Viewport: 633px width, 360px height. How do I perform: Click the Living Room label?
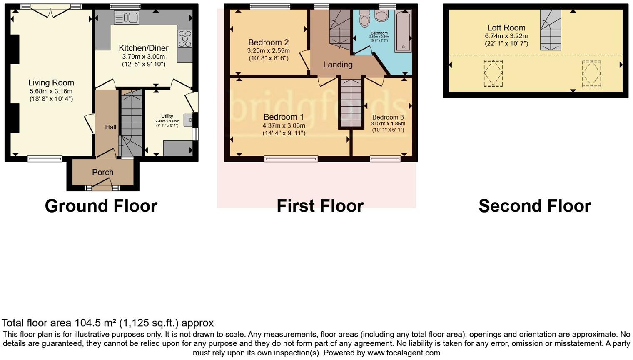coord(51,83)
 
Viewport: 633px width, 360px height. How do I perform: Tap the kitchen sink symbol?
coord(126,17)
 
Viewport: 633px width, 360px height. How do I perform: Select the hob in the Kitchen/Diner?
coord(185,39)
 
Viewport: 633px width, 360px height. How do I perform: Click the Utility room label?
coord(167,116)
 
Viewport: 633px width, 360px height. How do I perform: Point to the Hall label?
coord(110,127)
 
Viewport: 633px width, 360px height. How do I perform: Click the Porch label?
coord(102,172)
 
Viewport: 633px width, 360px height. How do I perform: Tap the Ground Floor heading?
coord(101,206)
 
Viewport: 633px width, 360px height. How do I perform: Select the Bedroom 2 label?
coord(268,42)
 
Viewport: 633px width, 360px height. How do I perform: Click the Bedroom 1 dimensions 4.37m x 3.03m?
coord(284,125)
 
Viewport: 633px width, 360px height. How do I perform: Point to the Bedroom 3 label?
coord(388,117)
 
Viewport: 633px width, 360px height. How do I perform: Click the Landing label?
coord(338,65)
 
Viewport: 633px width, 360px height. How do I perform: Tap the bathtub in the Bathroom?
coord(403,31)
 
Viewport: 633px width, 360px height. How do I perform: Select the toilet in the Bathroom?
coord(365,19)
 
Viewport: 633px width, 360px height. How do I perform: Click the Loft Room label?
coord(506,28)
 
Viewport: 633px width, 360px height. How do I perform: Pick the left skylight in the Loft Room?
coord(493,73)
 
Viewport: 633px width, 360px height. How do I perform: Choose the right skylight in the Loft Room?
coord(591,74)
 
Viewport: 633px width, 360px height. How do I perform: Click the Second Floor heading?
coord(535,206)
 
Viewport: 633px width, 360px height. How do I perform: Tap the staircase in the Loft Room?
coord(551,30)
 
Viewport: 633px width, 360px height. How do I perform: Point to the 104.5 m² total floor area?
coord(95,323)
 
